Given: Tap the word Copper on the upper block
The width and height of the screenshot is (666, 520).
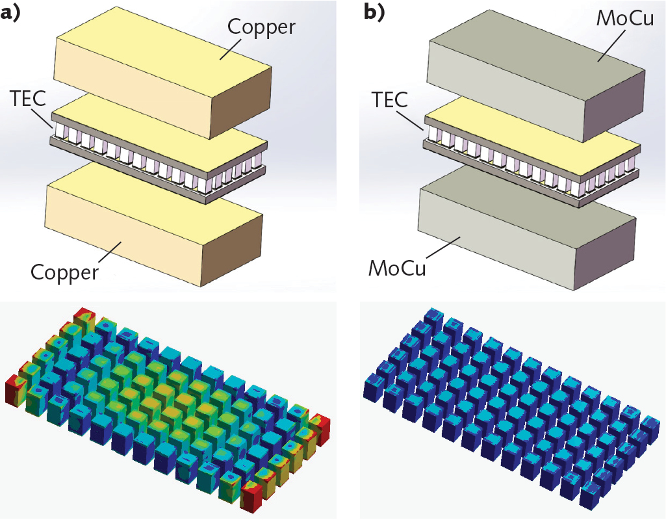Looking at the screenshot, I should pos(261,28).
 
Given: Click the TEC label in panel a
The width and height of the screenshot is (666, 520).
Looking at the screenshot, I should pos(28,99).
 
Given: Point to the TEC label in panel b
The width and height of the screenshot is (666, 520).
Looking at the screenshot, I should pos(390,99).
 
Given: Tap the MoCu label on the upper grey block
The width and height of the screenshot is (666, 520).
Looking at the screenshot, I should pos(624,20).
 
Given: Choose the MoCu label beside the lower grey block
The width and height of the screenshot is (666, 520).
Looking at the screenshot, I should pos(397,267).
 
